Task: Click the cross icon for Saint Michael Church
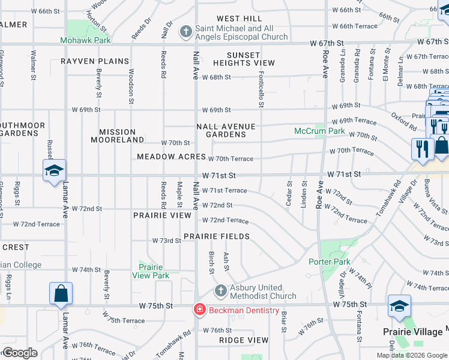coord(186,30)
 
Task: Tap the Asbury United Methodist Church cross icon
coord(220,290)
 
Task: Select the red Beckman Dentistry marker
coord(199,310)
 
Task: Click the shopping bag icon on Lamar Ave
coord(61,293)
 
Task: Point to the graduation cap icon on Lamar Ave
coord(54,170)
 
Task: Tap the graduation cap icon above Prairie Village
coord(399,306)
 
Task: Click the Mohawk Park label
coord(85,41)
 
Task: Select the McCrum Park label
coord(319,131)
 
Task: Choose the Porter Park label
coord(329,262)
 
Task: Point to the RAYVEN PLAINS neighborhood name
coord(95,61)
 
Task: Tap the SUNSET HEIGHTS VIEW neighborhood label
coord(243,59)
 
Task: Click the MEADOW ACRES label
coord(171,156)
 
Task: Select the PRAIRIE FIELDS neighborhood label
coord(217,236)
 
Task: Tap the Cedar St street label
coord(289,194)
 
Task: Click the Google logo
coord(20,353)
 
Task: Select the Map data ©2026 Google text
coord(411,355)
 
